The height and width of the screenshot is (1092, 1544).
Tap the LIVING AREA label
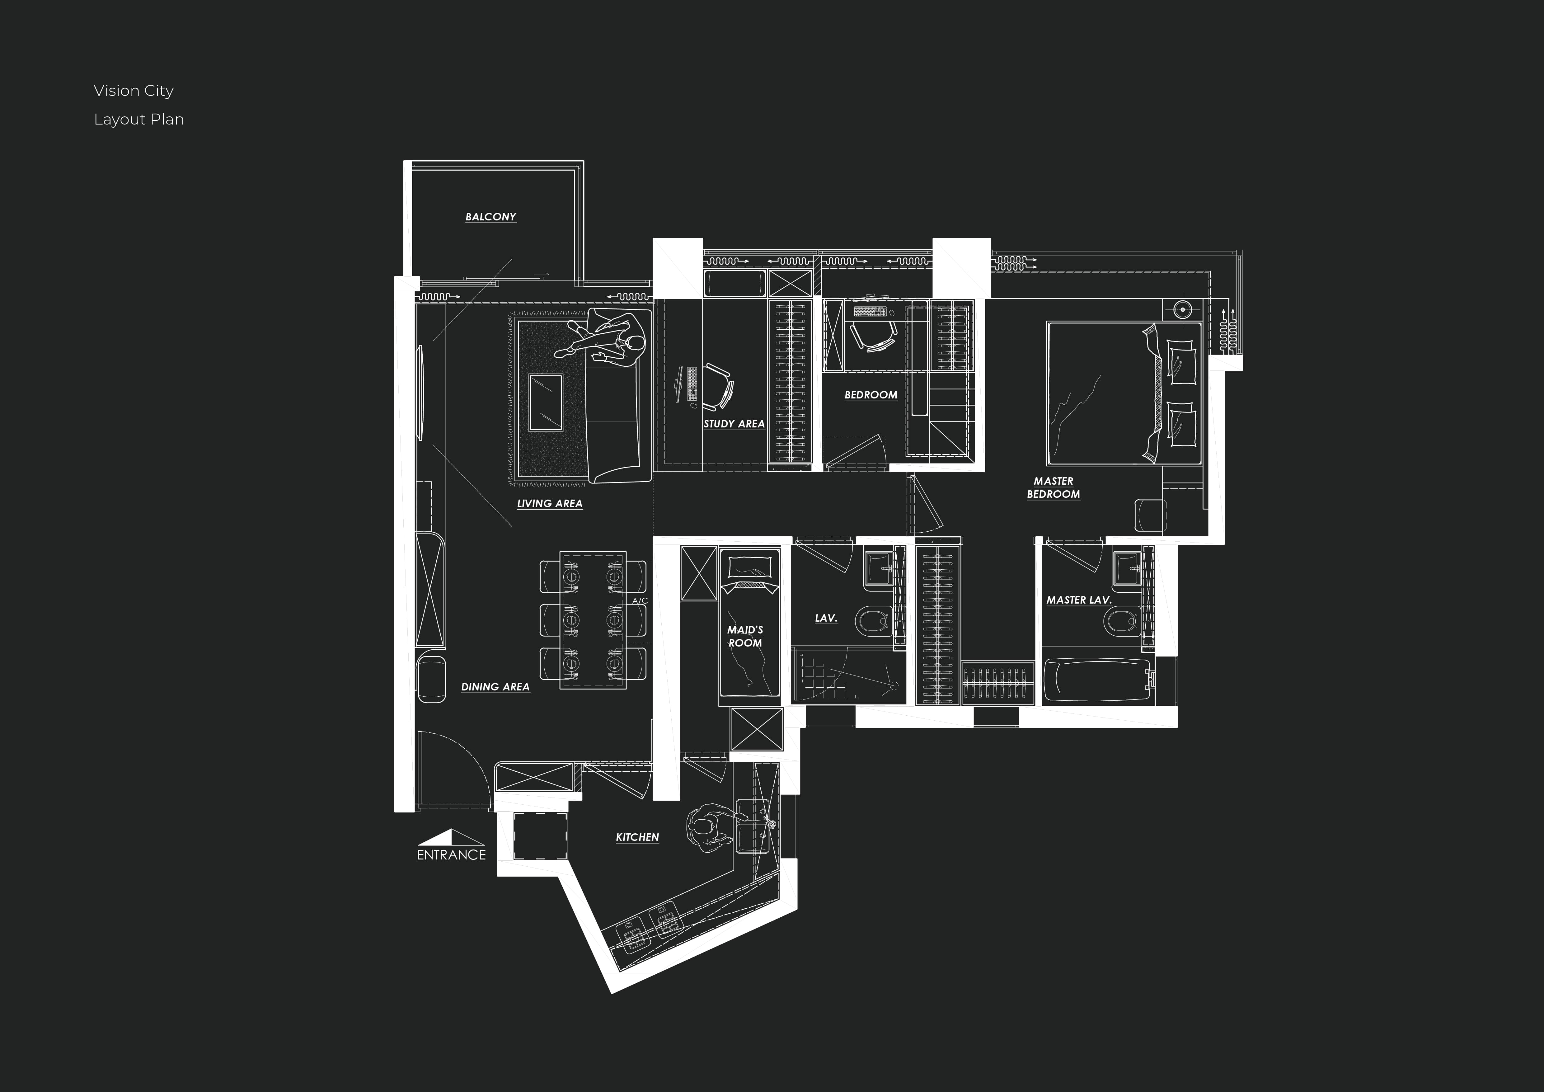tap(549, 504)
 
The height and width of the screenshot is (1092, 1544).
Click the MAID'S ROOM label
tap(745, 636)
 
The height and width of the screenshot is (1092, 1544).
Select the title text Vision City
tap(134, 91)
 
